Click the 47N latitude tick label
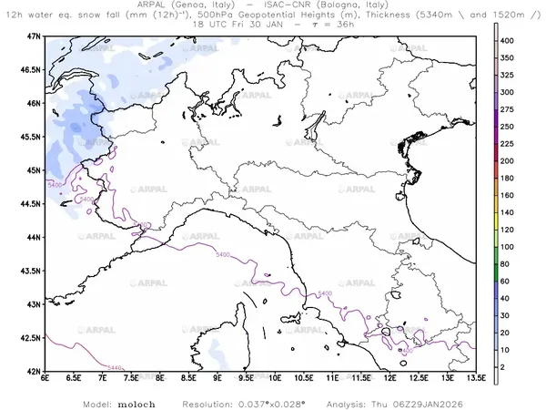[x=34, y=36]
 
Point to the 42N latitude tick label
[x=34, y=372]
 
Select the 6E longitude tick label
[x=45, y=379]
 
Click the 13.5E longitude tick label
[x=476, y=379]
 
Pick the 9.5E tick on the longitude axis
[x=247, y=379]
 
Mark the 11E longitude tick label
[x=333, y=379]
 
